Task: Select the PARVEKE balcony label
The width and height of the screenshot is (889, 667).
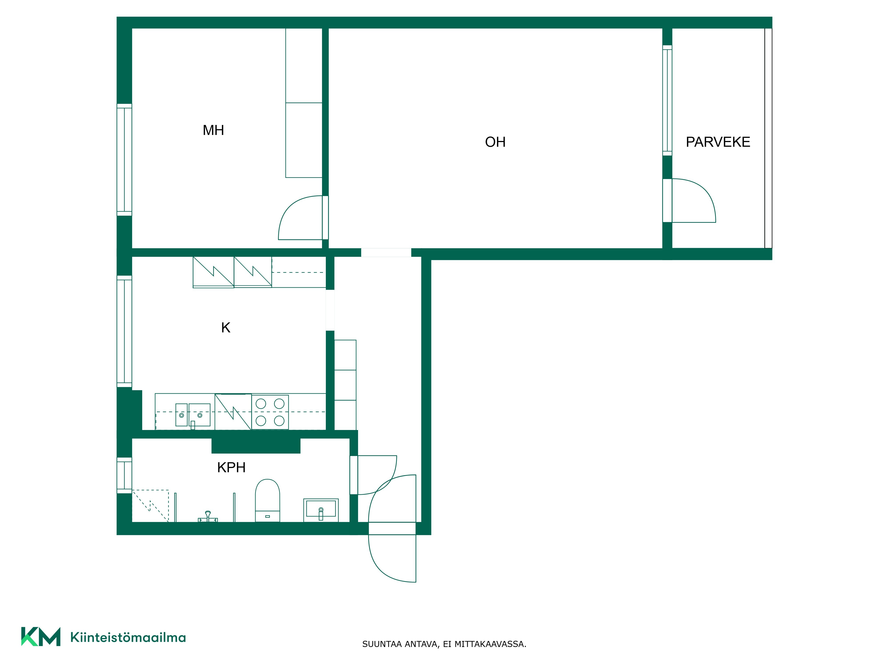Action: (x=718, y=142)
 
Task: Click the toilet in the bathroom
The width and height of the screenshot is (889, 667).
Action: (x=267, y=500)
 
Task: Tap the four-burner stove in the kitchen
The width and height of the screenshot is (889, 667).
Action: (x=270, y=412)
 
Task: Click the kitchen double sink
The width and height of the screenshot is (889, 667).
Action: (x=193, y=415)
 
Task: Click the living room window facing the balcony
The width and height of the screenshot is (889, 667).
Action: (x=667, y=100)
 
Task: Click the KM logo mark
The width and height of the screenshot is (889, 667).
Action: (x=41, y=637)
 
